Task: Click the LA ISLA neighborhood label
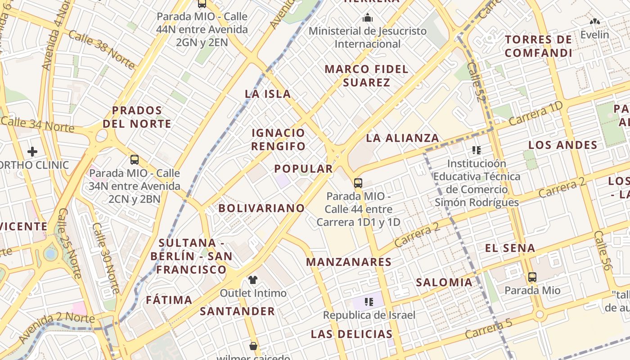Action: [x=268, y=94]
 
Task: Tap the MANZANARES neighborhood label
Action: [x=349, y=262]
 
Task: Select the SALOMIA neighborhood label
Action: [x=444, y=283]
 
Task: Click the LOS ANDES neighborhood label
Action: [x=562, y=145]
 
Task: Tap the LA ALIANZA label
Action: [x=402, y=138]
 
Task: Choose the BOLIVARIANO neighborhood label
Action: [x=261, y=208]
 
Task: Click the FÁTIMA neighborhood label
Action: [x=169, y=300]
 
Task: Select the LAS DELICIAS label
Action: [x=351, y=334]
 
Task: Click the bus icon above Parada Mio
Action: [x=532, y=277]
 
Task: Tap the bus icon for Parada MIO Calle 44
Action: [x=358, y=183]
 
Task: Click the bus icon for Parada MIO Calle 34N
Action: [x=134, y=160]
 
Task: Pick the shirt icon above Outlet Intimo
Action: [x=253, y=280]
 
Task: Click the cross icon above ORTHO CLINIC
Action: [x=32, y=152]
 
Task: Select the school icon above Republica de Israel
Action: [x=369, y=302]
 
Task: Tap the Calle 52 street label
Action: [x=474, y=82]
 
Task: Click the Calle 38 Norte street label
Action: [x=102, y=50]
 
